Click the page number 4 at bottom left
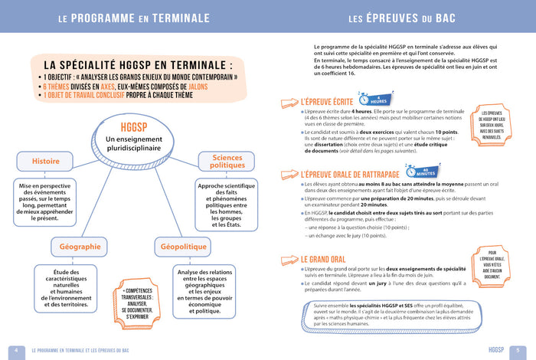pyautogui.click(x=11, y=350)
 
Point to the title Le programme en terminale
pyautogui.click(x=134, y=17)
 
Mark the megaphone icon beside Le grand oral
pyautogui.click(x=289, y=260)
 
